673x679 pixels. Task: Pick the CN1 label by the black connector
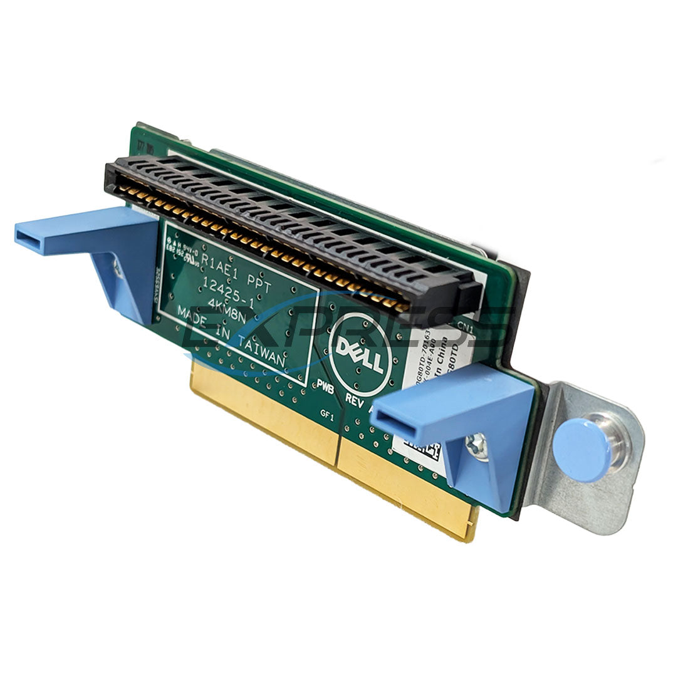point(466,326)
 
